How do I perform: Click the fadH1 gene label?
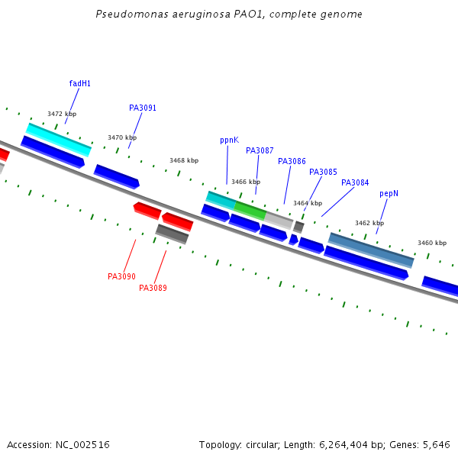(x=79, y=83)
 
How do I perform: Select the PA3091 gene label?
(x=143, y=108)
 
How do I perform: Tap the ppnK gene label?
(x=229, y=140)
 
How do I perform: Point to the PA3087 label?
(x=260, y=150)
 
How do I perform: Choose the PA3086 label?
(x=292, y=161)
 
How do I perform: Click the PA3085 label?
(x=323, y=172)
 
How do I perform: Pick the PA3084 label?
(x=355, y=183)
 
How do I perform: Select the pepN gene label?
(x=389, y=194)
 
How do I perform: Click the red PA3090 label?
(x=121, y=276)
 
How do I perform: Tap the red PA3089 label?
(x=153, y=288)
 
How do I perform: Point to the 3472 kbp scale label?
(x=62, y=114)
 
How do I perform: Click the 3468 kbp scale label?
(x=184, y=160)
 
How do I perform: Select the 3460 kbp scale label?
(x=432, y=243)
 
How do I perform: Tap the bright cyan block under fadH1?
(x=59, y=140)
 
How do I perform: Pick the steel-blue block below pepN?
(x=371, y=250)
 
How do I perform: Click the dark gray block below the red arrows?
(x=172, y=234)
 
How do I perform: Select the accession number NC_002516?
(x=82, y=445)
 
